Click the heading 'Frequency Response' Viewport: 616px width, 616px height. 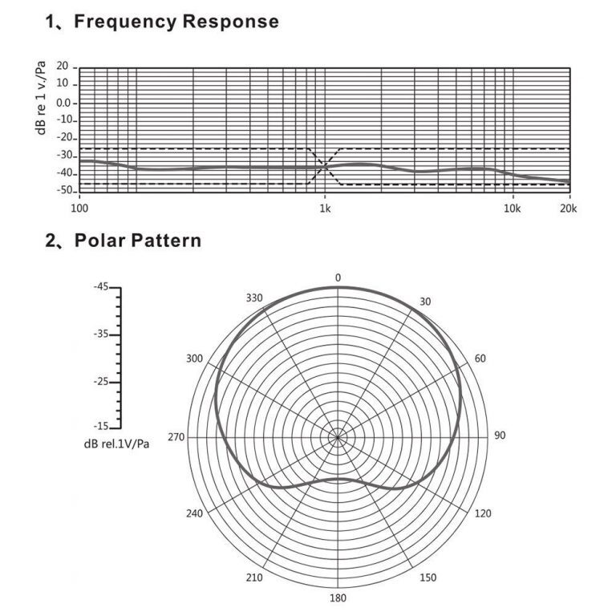(176, 22)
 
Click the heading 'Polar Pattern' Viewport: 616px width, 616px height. (138, 241)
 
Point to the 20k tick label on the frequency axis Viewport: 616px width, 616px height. (568, 209)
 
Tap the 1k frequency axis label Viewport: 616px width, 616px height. (325, 209)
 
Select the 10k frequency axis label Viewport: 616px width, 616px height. (512, 209)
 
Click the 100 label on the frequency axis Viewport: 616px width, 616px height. (79, 209)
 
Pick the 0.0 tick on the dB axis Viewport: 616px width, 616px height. (64, 103)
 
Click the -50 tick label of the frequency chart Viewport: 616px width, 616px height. (65, 191)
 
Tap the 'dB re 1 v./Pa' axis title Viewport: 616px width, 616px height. (41, 98)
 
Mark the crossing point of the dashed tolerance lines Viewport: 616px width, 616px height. (325, 166)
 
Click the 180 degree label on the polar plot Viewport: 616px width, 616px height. (338, 598)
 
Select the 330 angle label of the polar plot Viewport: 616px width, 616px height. (254, 298)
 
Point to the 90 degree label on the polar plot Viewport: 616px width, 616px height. (500, 436)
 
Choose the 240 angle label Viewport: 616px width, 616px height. (194, 513)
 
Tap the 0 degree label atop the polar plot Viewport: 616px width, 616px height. (338, 278)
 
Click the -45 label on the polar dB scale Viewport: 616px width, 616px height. (101, 287)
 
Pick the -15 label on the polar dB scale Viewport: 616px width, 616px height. (101, 426)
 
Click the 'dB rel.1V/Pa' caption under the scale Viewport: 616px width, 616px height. (116, 444)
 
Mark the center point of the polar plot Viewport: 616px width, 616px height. (338, 437)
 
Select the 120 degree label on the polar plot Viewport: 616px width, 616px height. (483, 513)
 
